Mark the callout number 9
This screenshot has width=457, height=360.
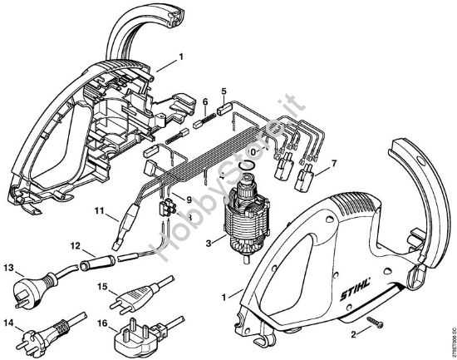tap(188, 200)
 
